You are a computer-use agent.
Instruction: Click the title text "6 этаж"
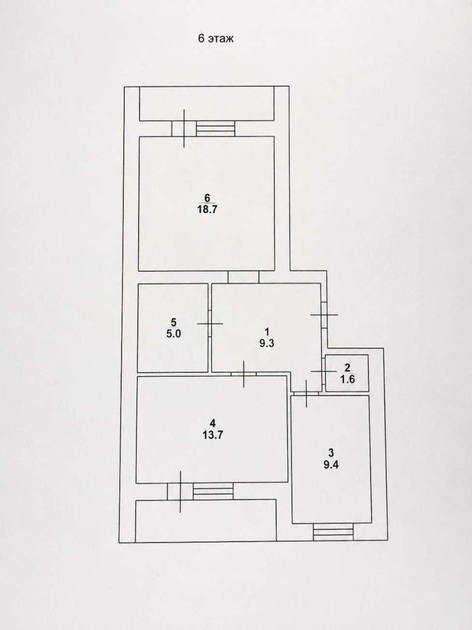coord(215,39)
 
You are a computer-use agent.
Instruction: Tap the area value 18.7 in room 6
coord(207,209)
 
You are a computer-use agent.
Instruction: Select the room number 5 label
coord(174,322)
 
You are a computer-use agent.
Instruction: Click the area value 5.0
coord(174,334)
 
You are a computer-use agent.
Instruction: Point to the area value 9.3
coord(266,343)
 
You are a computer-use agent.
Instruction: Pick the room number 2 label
coord(347,368)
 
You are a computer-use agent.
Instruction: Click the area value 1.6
coord(347,379)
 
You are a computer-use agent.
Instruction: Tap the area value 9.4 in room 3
coord(331,465)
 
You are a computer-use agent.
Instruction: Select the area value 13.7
coord(212,435)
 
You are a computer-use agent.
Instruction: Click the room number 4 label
coord(213,423)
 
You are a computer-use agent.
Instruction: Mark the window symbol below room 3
coord(334,532)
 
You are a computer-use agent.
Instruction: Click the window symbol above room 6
coord(215,129)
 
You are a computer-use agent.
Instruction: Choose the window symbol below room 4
coord(213,491)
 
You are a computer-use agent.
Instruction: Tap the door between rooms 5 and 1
coord(209,324)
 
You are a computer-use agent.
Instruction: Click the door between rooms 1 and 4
coord(244,374)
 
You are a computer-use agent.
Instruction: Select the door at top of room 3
coord(306,393)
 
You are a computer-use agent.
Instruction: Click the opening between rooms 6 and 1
coord(243,277)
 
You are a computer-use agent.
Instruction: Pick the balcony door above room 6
coord(184,129)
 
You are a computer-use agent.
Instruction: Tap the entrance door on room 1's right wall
coord(324,314)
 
